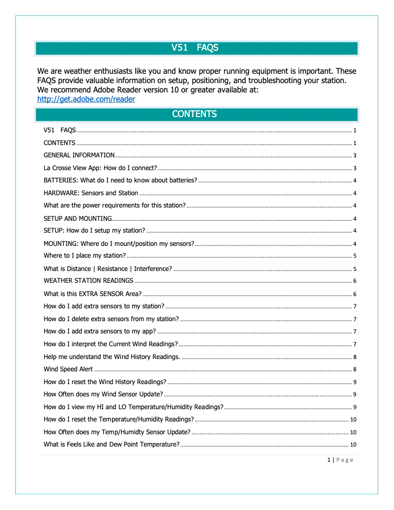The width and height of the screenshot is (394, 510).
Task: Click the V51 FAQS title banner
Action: (x=196, y=48)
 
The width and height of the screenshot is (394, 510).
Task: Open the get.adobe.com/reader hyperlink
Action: (x=86, y=99)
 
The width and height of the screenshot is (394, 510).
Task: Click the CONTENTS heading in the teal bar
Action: (x=195, y=114)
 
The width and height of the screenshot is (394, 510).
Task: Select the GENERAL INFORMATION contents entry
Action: (x=79, y=155)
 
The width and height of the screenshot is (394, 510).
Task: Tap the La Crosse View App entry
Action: (x=100, y=168)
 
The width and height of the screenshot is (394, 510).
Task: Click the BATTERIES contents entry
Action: (x=120, y=180)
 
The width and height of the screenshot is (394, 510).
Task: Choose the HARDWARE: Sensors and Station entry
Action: (x=91, y=193)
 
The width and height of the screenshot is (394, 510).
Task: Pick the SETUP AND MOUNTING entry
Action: (x=78, y=218)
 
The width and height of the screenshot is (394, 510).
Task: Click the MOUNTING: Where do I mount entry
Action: (x=119, y=243)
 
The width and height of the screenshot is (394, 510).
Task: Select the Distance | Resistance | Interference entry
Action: (x=108, y=269)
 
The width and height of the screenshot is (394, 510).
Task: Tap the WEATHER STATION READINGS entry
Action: (x=88, y=281)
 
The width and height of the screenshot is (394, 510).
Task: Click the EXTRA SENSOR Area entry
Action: (x=92, y=294)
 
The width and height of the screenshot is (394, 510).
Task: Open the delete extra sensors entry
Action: (x=111, y=319)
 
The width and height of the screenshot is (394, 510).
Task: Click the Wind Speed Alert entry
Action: (x=68, y=369)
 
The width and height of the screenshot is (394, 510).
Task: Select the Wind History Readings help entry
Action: (x=112, y=357)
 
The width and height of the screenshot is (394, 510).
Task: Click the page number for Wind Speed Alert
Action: (x=354, y=369)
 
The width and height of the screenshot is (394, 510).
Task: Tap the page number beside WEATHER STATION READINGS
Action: (x=354, y=281)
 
